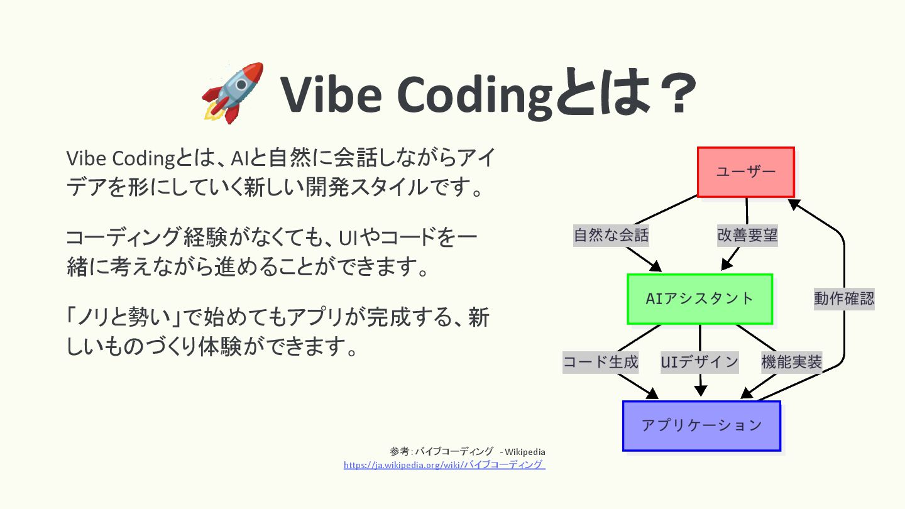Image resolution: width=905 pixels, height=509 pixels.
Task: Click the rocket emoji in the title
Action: [232, 92]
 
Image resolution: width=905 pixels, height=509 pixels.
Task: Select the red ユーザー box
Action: [746, 172]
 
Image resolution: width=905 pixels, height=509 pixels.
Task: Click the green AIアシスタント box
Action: [699, 299]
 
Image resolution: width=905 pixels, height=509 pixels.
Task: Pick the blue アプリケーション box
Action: [701, 425]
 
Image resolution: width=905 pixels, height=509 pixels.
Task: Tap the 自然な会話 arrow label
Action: [611, 236]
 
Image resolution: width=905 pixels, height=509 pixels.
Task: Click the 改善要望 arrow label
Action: [747, 236]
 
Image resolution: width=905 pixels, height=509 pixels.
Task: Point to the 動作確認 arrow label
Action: [843, 298]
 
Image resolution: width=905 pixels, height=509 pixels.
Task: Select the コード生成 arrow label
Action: [600, 362]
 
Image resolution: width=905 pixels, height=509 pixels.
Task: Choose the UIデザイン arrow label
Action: [699, 362]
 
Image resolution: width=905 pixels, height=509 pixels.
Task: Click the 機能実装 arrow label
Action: [791, 362]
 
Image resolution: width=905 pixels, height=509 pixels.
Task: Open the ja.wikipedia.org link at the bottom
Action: [444, 465]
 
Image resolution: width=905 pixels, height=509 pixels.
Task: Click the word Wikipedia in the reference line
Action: [525, 451]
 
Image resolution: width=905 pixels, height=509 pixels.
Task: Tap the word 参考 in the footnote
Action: [399, 451]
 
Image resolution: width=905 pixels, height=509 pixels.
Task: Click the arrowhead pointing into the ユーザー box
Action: [794, 203]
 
